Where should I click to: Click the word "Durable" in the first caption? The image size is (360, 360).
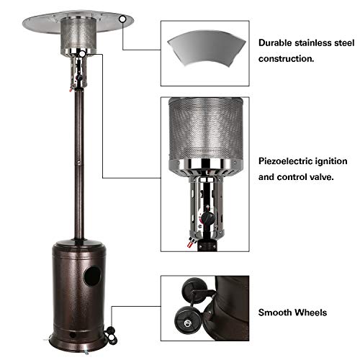pos(276,43)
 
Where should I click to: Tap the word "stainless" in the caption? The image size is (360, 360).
pos(313,43)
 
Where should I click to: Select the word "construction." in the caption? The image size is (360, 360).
pos(286,59)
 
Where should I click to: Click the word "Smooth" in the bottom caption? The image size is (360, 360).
pos(275,312)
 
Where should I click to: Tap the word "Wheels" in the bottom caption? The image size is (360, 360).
pos(311,312)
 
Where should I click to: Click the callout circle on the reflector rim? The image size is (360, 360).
pos(122,19)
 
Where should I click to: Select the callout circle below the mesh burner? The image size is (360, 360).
pos(82,53)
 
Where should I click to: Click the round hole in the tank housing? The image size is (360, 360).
pos(92,276)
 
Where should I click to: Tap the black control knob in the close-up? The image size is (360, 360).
pos(208,217)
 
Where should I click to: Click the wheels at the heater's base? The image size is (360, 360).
pos(111,333)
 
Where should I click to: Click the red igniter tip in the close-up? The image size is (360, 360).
pos(189,244)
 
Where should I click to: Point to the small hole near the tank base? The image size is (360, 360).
pos(72,335)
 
